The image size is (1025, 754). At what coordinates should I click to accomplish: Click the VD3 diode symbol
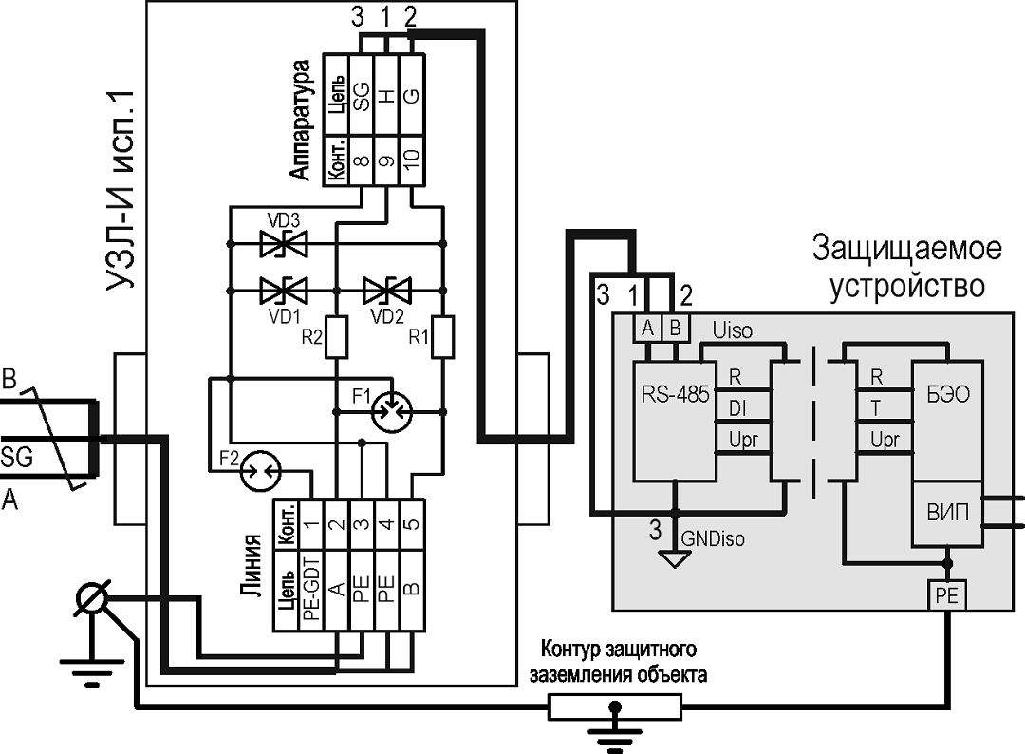coord(284,244)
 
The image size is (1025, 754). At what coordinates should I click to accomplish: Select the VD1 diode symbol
coord(284,290)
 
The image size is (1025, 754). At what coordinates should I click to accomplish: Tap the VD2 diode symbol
coord(387,290)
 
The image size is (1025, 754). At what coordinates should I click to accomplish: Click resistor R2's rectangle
coord(336,337)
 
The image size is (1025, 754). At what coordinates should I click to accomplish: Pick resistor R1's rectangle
coord(443,337)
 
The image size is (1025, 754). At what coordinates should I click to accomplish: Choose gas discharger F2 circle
coord(260,470)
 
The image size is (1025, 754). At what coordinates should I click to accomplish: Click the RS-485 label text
coord(675,394)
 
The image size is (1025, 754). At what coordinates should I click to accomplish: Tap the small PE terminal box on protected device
coord(946,594)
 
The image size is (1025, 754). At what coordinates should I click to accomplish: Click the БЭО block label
coord(948,394)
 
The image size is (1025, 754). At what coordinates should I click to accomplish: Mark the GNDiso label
coord(713,538)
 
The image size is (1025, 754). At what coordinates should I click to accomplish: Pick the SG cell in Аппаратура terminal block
coord(362,96)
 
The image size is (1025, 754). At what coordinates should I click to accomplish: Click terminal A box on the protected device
coord(647,328)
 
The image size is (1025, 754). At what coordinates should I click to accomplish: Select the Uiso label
coord(732,330)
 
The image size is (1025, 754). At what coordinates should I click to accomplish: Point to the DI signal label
coord(737,408)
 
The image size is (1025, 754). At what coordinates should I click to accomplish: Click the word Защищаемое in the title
coord(906,249)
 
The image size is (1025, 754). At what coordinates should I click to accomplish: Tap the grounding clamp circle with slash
coord(91,598)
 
